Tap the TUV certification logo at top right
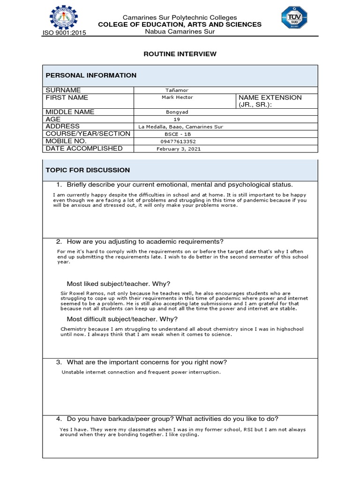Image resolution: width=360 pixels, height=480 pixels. click(x=294, y=18)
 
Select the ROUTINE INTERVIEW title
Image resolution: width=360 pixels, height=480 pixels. click(x=180, y=54)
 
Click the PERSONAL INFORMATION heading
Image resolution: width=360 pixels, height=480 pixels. click(x=91, y=75)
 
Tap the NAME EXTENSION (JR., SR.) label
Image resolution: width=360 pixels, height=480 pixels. click(x=270, y=101)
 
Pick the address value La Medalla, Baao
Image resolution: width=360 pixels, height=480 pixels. click(x=180, y=127)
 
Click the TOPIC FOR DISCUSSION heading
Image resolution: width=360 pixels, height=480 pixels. click(x=88, y=170)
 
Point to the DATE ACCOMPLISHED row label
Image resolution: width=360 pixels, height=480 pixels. click(x=84, y=149)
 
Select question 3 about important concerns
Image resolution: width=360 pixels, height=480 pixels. click(x=147, y=362)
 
